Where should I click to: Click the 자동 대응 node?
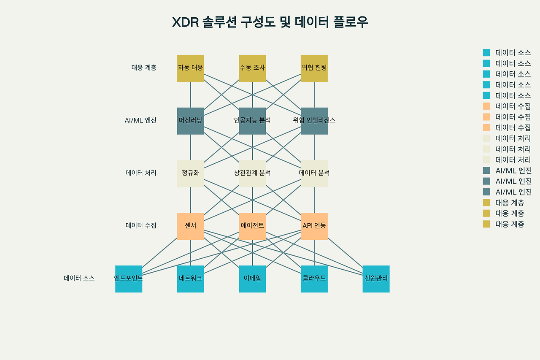pos(190,68)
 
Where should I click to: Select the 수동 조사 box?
pos(252,68)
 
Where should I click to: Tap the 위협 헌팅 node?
pos(314,68)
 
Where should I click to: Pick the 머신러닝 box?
pos(190,121)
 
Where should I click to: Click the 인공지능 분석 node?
pos(252,121)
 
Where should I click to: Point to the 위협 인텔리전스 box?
pos(314,121)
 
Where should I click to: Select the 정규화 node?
pos(190,173)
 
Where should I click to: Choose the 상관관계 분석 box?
pos(252,173)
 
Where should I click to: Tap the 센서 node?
pos(190,226)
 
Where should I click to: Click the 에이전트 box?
pos(252,226)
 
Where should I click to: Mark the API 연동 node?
pos(314,226)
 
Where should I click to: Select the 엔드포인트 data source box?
pos(129,279)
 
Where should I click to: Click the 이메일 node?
pos(252,279)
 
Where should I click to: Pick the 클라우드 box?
pos(314,279)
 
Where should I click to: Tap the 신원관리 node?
pos(376,279)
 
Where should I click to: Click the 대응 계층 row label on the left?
pos(144,68)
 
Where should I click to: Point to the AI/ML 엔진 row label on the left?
pos(140,120)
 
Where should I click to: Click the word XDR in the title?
pos(185,22)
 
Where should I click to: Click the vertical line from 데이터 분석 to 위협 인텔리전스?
pos(314,147)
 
